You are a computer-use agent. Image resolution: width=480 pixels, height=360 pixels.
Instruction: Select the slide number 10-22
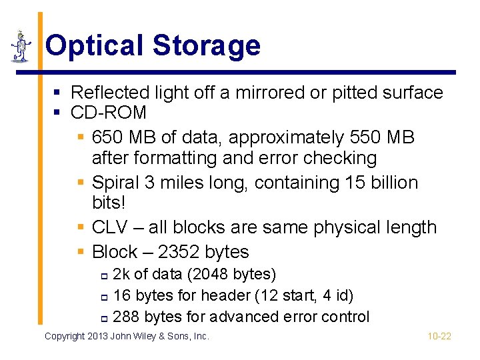click(439, 336)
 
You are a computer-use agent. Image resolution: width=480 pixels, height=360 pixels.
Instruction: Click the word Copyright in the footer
click(65, 336)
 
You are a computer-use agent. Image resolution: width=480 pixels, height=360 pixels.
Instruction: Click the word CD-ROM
click(108, 113)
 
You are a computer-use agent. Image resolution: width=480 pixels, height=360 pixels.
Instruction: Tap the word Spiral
click(111, 183)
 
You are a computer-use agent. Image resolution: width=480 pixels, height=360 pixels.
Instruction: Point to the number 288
click(126, 317)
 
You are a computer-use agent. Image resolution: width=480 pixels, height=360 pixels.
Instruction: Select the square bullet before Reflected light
click(60, 92)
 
